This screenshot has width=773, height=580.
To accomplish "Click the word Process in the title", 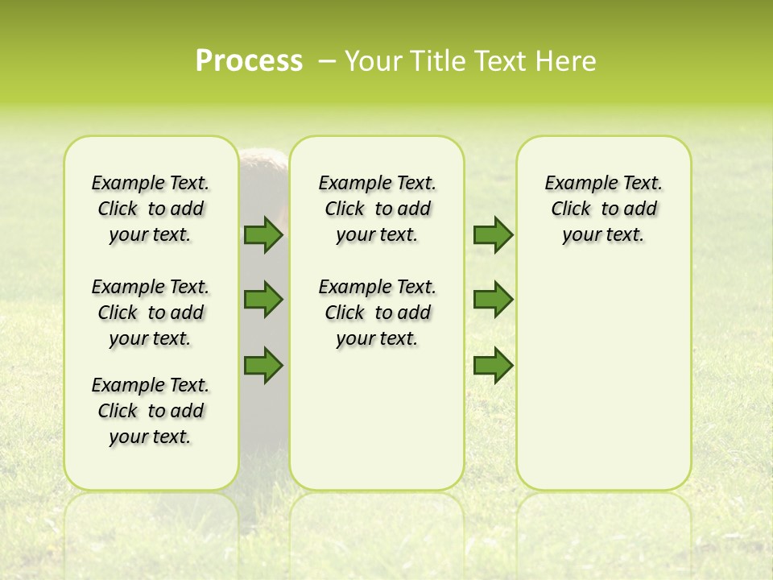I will pyautogui.click(x=249, y=61).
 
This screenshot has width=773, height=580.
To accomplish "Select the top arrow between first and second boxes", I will pyautogui.click(x=263, y=234).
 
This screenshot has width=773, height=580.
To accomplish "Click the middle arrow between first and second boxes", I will pyautogui.click(x=263, y=300).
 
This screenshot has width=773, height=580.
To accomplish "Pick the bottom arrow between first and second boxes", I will pyautogui.click(x=263, y=365).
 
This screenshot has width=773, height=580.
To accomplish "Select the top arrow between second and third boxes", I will pyautogui.click(x=493, y=234).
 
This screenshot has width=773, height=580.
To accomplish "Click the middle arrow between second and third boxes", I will pyautogui.click(x=493, y=300).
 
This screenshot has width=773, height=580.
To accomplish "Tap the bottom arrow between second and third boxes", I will pyautogui.click(x=493, y=365).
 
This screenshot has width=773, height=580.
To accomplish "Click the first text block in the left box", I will pyautogui.click(x=151, y=209).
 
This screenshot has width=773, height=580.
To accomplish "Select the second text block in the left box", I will pyautogui.click(x=151, y=313).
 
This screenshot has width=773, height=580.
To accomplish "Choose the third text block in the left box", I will pyautogui.click(x=151, y=411).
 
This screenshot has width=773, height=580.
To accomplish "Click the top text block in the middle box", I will pyautogui.click(x=377, y=209).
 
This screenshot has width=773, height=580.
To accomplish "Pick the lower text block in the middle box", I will pyautogui.click(x=377, y=313).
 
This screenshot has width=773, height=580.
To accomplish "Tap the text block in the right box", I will pyautogui.click(x=603, y=209).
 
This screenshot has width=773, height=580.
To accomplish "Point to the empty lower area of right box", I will pyautogui.click(x=603, y=387).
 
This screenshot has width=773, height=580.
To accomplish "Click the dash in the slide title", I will pyautogui.click(x=328, y=61).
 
